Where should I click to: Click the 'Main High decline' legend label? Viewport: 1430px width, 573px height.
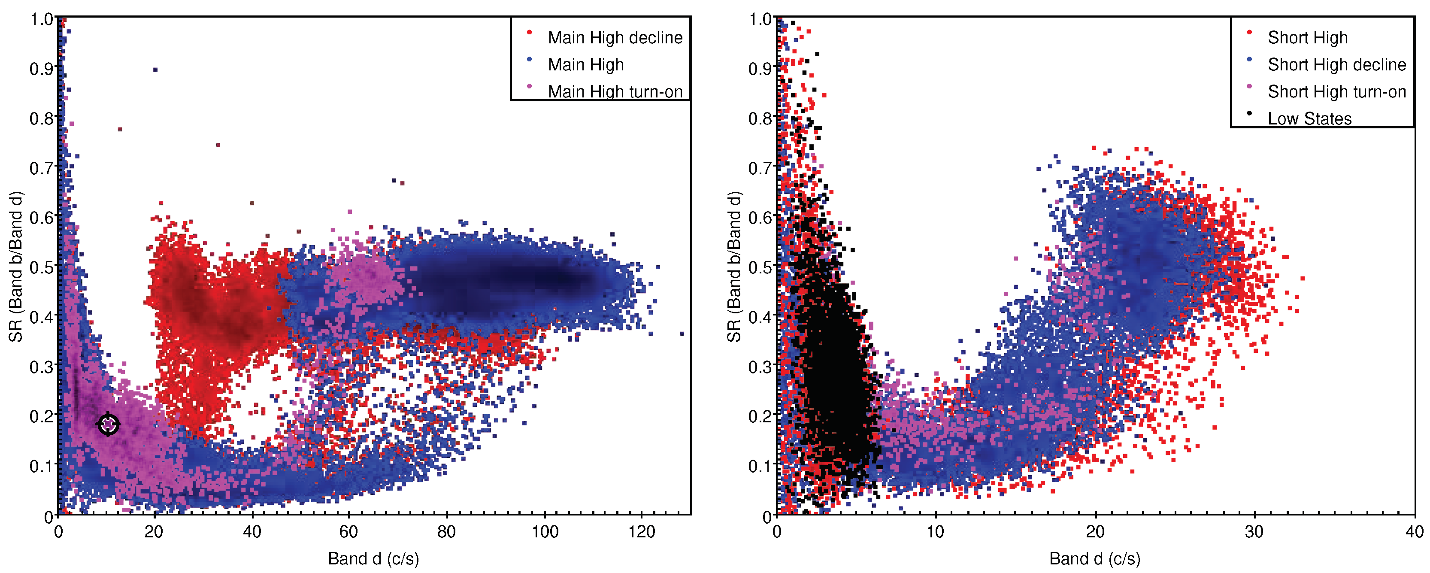click(x=615, y=37)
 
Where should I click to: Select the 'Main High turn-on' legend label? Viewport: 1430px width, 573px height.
click(x=615, y=91)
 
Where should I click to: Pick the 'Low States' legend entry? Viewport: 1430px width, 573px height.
click(x=1309, y=118)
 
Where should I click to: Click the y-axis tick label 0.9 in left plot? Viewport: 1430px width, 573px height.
click(x=41, y=69)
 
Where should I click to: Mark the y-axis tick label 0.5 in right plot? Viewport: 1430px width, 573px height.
click(x=760, y=267)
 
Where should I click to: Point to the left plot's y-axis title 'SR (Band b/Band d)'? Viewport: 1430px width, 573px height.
click(x=15, y=267)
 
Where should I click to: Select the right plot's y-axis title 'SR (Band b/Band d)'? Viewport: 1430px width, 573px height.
click(x=734, y=267)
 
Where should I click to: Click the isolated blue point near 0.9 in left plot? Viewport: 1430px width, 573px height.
click(x=155, y=70)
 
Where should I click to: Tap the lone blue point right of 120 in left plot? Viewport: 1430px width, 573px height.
click(x=682, y=333)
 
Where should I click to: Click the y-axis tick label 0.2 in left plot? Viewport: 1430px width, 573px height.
click(x=41, y=416)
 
